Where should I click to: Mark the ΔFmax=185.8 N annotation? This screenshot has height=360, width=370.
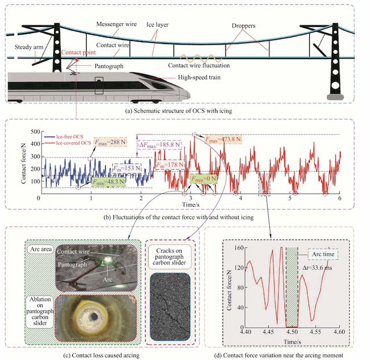(157, 145)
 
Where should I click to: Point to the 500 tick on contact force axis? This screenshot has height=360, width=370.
(32, 132)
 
